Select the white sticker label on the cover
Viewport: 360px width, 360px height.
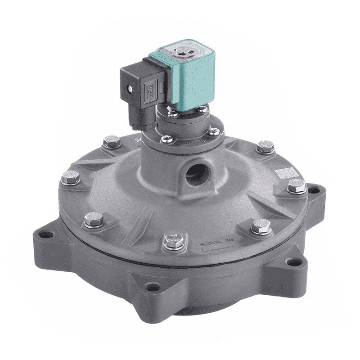pyautogui.click(x=285, y=173)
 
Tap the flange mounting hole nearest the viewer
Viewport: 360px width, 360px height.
pyautogui.click(x=153, y=287)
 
